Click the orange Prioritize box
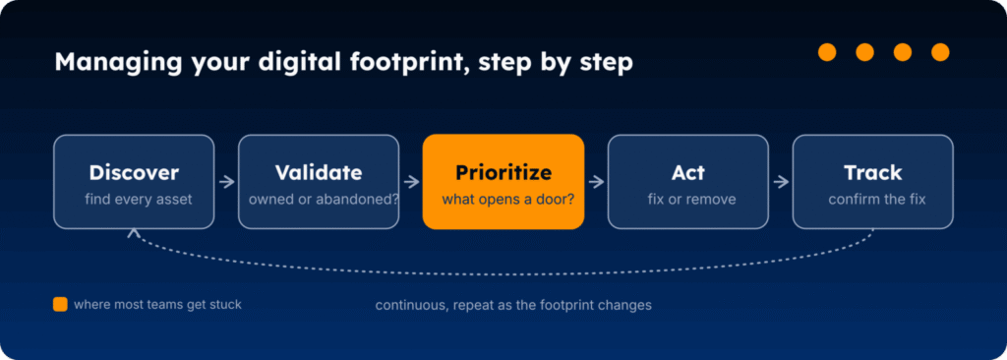[x=503, y=181]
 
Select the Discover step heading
[x=134, y=173]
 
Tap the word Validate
[x=319, y=173]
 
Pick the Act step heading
[x=687, y=173]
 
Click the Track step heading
[x=873, y=173]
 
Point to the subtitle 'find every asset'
[x=139, y=200]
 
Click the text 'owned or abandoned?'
[x=324, y=200]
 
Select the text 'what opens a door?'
[x=508, y=200]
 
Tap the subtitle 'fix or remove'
[x=691, y=200]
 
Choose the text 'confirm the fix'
[x=877, y=200]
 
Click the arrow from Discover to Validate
[x=227, y=182]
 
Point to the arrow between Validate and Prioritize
[x=411, y=182]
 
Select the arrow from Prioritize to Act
[x=596, y=182]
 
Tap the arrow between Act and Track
[x=781, y=182]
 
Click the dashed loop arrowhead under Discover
[x=134, y=232]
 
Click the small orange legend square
[x=60, y=304]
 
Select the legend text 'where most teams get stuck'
[x=158, y=304]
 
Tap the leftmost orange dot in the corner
[x=827, y=52]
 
